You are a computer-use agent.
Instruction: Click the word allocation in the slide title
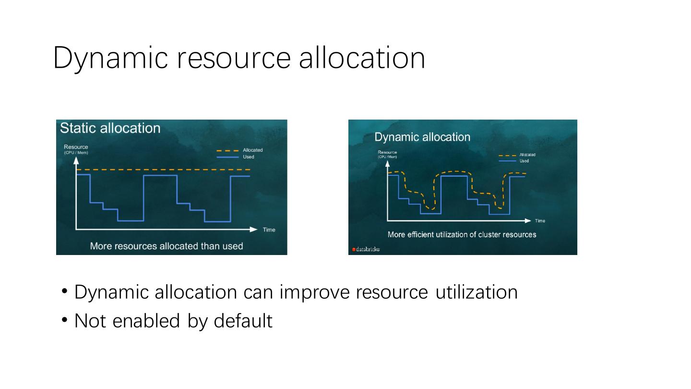[x=362, y=57]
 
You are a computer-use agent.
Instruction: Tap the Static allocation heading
[x=110, y=128]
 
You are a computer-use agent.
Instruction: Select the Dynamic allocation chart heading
[x=422, y=137]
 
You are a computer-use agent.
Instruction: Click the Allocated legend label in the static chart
[x=252, y=150]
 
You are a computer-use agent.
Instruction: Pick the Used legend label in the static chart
[x=249, y=157]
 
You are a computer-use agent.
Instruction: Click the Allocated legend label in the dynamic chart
[x=527, y=155]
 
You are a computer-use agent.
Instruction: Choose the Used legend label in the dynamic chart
[x=524, y=161]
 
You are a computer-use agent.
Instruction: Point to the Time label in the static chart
[x=269, y=230]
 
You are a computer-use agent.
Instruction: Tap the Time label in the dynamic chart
[x=540, y=221]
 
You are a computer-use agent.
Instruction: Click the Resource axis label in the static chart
[x=76, y=147]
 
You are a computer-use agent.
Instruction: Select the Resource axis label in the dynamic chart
[x=387, y=152]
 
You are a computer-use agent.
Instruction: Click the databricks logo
[x=366, y=249]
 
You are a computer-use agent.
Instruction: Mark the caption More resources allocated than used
[x=167, y=246]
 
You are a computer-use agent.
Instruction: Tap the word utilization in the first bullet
[x=477, y=292]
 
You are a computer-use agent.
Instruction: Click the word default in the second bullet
[x=243, y=321]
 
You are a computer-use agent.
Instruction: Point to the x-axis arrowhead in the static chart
[x=253, y=230]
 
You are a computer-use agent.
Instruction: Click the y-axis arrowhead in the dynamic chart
[x=387, y=164]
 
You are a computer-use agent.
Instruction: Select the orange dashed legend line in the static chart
[x=227, y=151]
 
